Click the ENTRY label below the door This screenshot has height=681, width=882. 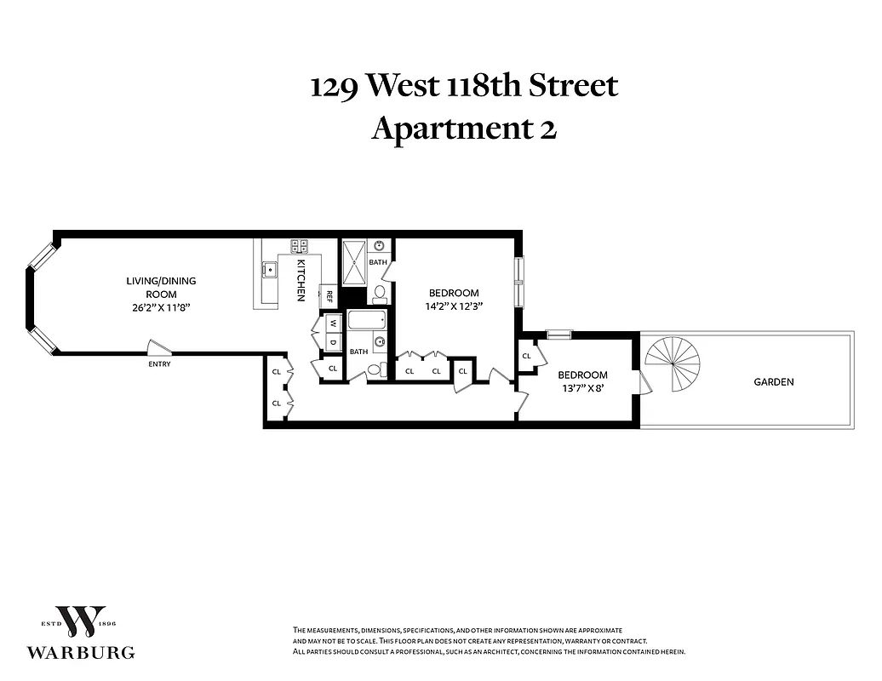tap(159, 364)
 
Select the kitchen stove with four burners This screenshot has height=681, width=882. tap(300, 246)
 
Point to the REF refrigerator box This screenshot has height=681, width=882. tap(329, 295)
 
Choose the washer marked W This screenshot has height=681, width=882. tap(333, 323)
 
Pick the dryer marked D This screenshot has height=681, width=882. tap(333, 342)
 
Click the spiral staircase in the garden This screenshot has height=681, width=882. tap(673, 363)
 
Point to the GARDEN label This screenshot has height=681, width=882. tap(773, 382)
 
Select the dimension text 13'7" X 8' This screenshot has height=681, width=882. tap(582, 389)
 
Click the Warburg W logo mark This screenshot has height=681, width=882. tap(80, 623)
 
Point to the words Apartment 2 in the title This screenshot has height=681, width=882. tap(464, 129)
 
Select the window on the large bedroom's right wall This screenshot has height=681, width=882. tap(518, 281)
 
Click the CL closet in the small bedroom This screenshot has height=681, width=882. tap(527, 356)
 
